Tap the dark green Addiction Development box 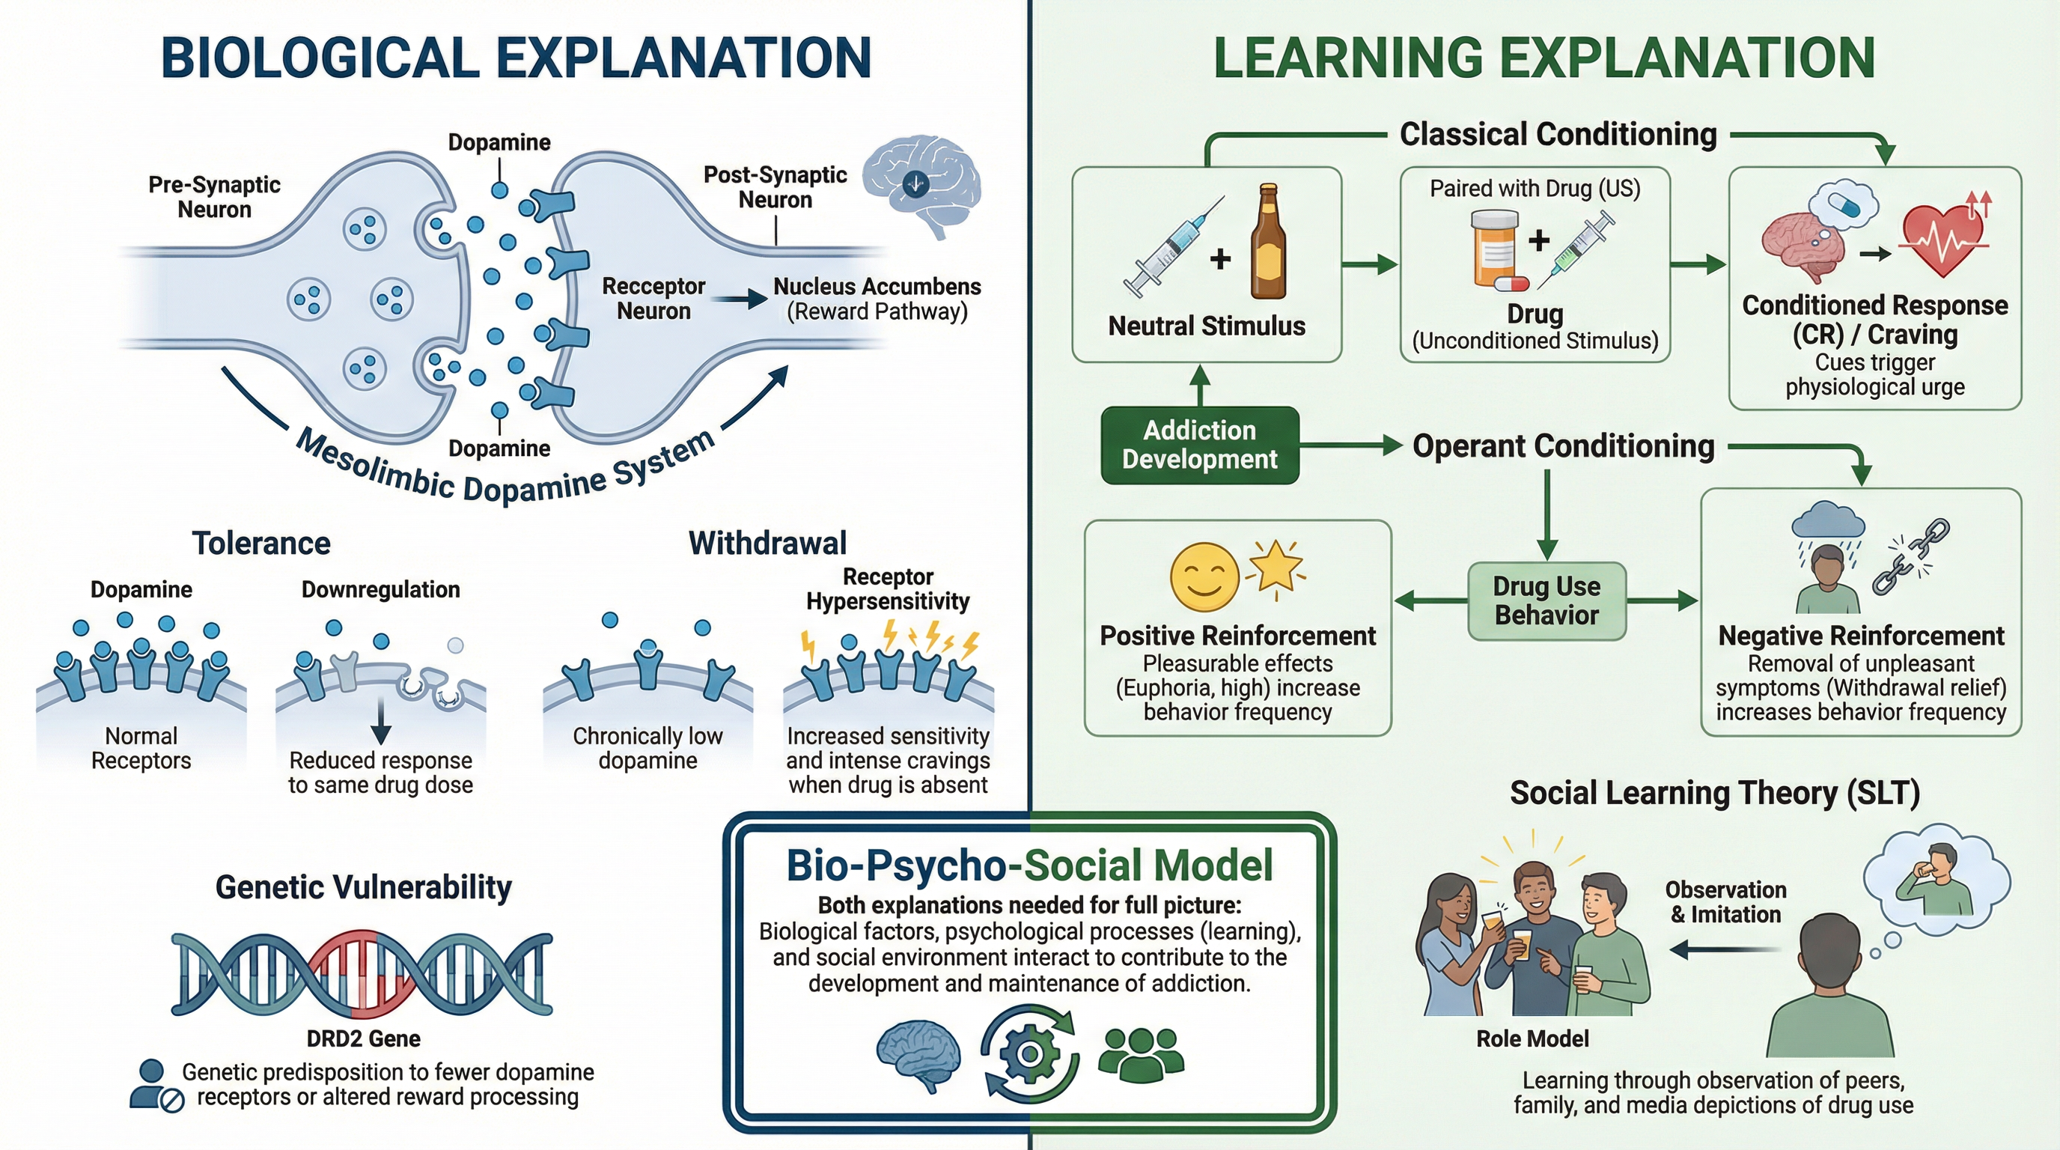pyautogui.click(x=1199, y=445)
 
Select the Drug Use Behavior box pyautogui.click(x=1546, y=600)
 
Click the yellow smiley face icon pyautogui.click(x=1204, y=576)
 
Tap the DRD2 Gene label pyautogui.click(x=363, y=1038)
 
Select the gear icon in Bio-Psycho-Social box pyautogui.click(x=1029, y=1053)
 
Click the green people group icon pyautogui.click(x=1141, y=1055)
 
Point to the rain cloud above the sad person pyautogui.click(x=1828, y=520)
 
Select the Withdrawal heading pyautogui.click(x=767, y=543)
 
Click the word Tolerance pyautogui.click(x=260, y=543)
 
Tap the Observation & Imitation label pyautogui.click(x=1725, y=901)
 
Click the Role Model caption pyautogui.click(x=1532, y=1038)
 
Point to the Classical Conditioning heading pyautogui.click(x=1558, y=134)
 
